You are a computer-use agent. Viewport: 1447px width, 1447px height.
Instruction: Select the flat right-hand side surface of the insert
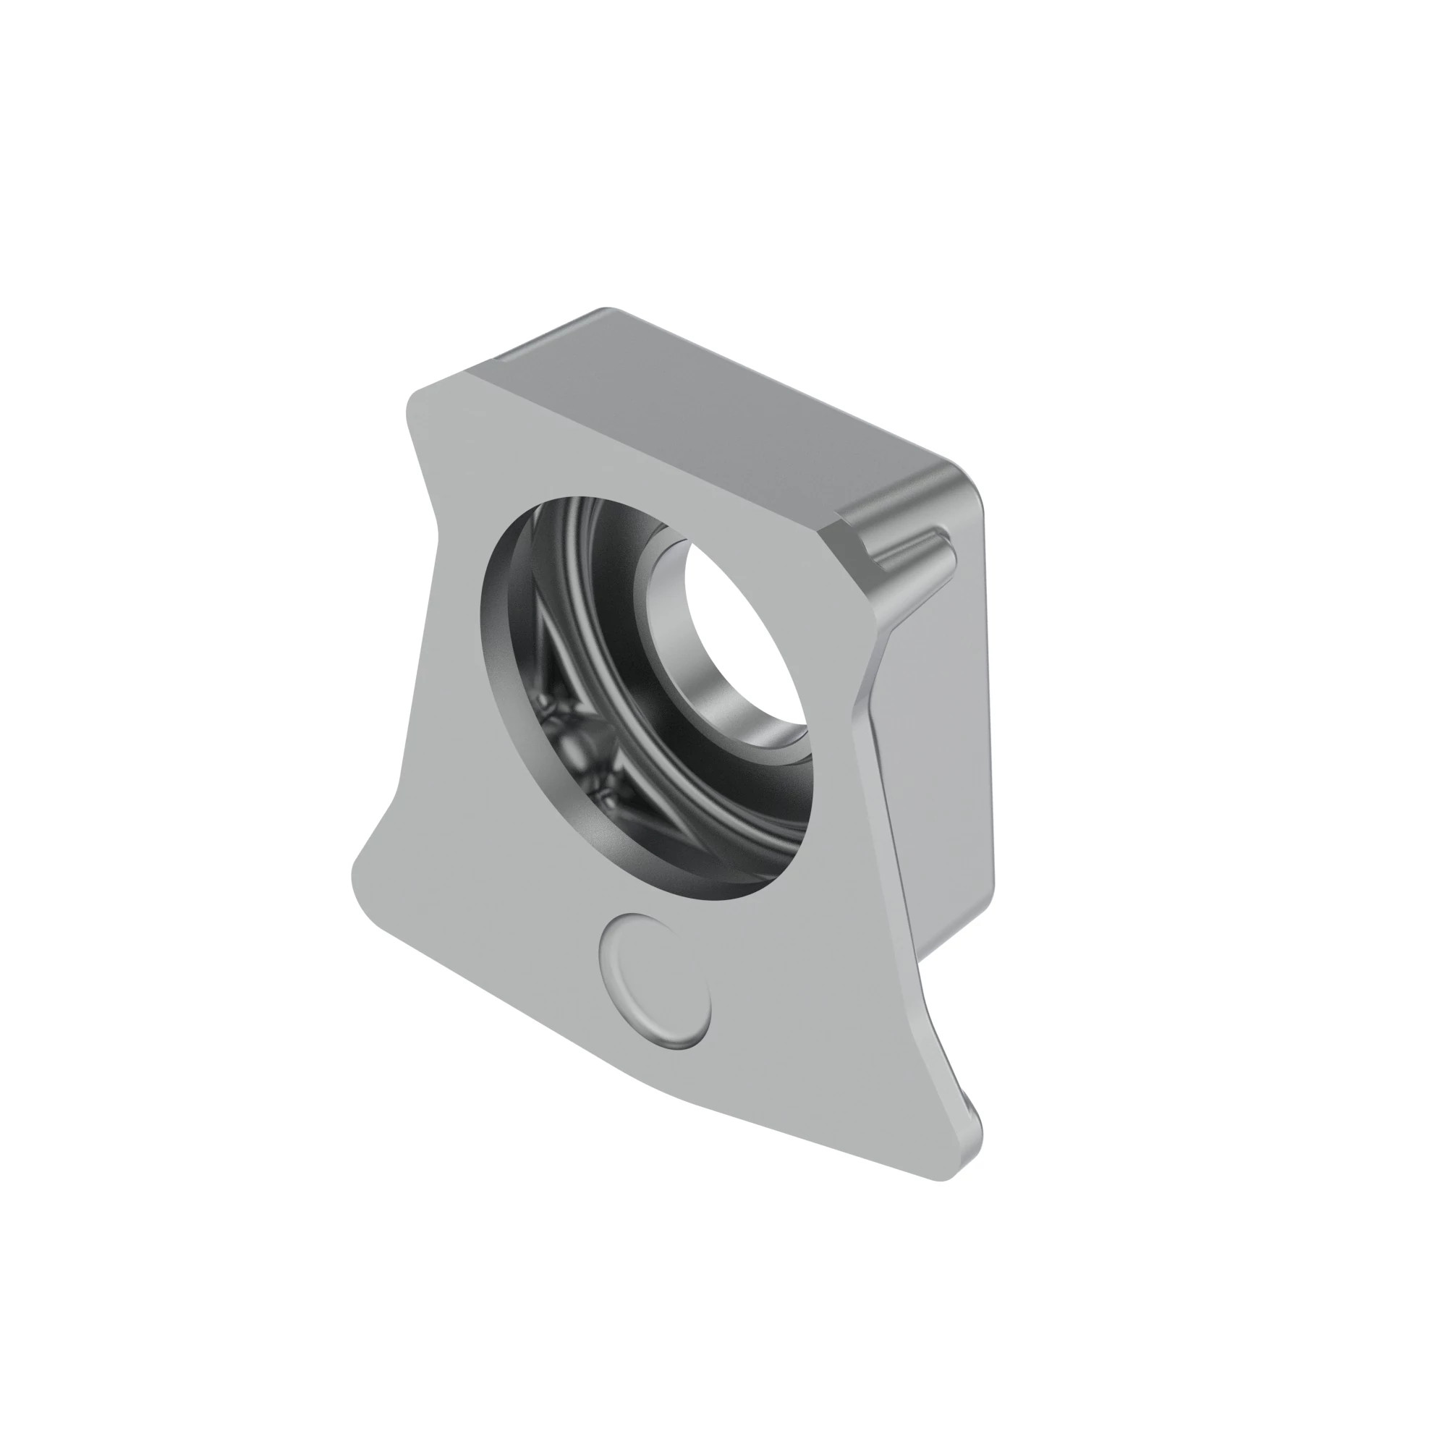click(x=943, y=749)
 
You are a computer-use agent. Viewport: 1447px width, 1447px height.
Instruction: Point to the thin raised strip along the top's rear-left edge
click(x=539, y=344)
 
